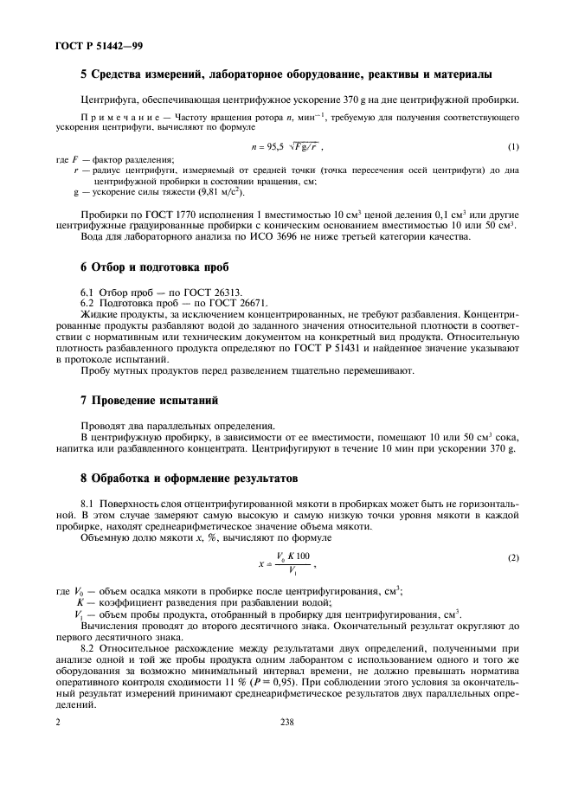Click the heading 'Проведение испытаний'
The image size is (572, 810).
(x=144, y=401)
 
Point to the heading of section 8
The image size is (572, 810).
(x=188, y=477)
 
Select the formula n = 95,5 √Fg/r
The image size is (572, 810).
(x=287, y=147)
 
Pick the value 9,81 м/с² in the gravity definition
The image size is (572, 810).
(x=191, y=192)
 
